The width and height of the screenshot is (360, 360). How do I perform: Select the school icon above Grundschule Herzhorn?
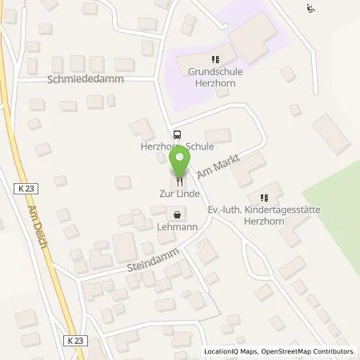click(214, 59)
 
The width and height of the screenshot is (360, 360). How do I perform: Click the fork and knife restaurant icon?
click(180, 181)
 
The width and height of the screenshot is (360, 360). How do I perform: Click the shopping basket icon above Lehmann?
click(177, 214)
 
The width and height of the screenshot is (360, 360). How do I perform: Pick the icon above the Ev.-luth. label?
click(265, 198)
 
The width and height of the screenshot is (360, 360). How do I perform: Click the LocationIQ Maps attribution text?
click(232, 351)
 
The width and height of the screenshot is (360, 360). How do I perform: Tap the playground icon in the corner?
click(310, 9)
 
